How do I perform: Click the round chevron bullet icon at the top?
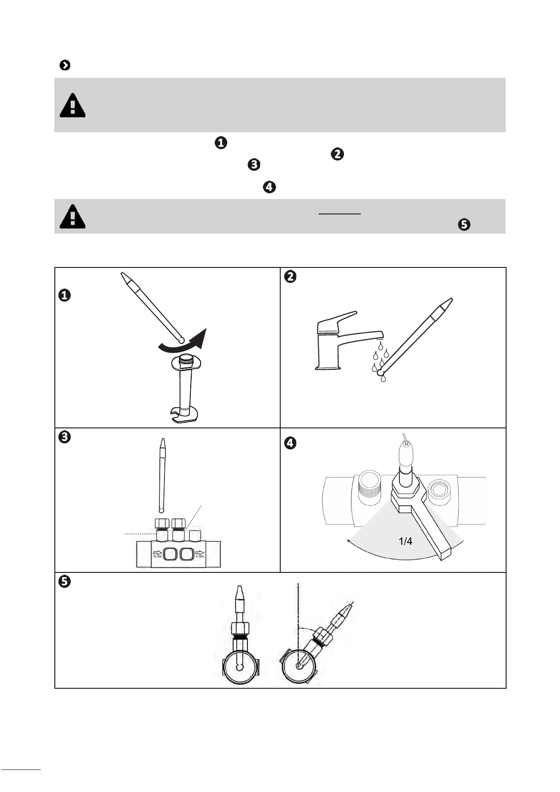tap(65, 65)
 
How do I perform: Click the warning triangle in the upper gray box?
tap(72, 106)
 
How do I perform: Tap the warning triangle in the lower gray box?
tap(72, 217)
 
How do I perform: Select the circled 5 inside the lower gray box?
tap(463, 224)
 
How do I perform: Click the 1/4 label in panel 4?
tap(405, 541)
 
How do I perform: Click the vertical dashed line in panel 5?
tap(298, 610)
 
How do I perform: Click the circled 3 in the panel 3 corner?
tap(64, 437)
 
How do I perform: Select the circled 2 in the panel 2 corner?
tap(291, 277)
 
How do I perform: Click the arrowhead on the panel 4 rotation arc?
tap(349, 541)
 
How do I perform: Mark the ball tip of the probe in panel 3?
tap(162, 510)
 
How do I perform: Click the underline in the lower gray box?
tap(340, 214)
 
